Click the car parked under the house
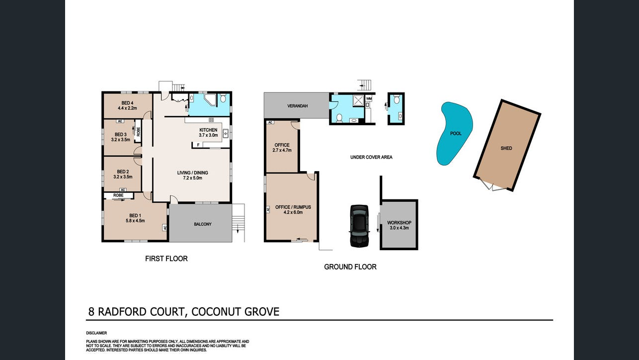(x=359, y=226)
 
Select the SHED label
(x=506, y=148)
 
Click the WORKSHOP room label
(x=399, y=222)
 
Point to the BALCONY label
(x=203, y=224)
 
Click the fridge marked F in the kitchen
(x=198, y=145)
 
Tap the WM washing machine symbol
(x=369, y=98)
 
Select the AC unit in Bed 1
(x=164, y=228)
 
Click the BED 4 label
(x=127, y=103)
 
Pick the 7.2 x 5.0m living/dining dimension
(x=193, y=178)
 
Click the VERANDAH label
(x=297, y=106)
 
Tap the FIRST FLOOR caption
(x=166, y=259)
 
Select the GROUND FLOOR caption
(x=350, y=267)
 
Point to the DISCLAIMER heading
(x=96, y=333)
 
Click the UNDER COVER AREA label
(x=371, y=157)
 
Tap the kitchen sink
(x=226, y=133)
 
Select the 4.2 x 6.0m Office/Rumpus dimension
(x=293, y=212)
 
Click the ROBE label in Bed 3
(x=138, y=131)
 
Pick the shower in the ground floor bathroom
(x=358, y=100)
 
